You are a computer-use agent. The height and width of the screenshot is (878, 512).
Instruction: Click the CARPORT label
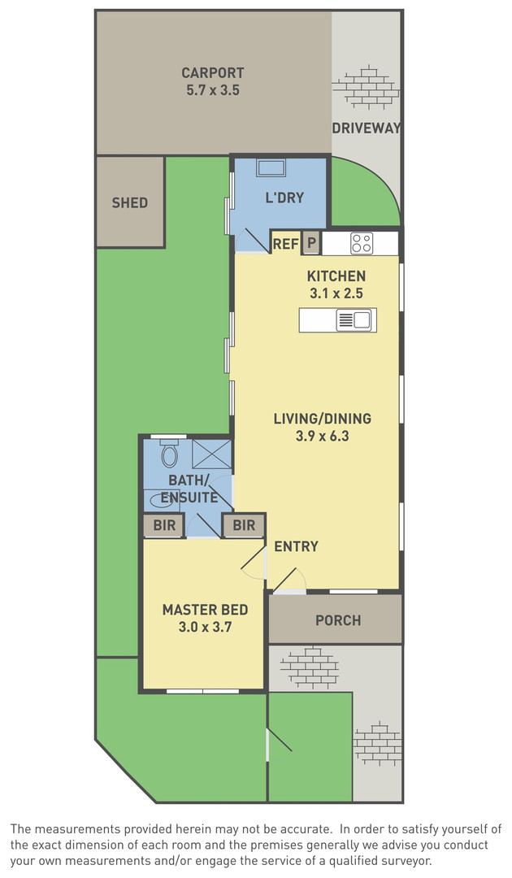[213, 73]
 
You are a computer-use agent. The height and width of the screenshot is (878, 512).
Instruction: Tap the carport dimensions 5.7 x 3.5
[213, 89]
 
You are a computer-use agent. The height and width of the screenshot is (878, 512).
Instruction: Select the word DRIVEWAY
[367, 128]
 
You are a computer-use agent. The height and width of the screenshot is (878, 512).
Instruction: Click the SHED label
[130, 202]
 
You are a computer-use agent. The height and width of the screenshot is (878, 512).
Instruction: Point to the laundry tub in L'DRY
[271, 168]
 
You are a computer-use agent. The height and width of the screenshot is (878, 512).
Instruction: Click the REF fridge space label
[285, 244]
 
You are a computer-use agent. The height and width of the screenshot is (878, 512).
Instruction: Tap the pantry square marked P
[312, 244]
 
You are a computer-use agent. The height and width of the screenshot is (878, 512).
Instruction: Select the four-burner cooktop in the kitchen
[362, 244]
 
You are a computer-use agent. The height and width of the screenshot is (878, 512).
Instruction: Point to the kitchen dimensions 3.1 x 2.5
[336, 293]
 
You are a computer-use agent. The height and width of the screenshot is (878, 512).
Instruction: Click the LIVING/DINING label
[323, 419]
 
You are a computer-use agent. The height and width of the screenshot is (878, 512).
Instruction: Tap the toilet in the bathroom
[169, 454]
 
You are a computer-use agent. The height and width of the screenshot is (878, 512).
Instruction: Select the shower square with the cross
[211, 454]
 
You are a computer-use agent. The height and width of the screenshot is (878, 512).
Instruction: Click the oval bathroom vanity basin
[162, 501]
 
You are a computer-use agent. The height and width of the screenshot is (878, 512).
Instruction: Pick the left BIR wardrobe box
[164, 526]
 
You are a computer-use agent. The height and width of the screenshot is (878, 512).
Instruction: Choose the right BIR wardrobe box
[244, 526]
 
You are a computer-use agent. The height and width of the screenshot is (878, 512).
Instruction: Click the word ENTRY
[296, 546]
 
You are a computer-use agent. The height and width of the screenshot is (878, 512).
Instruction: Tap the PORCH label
[338, 620]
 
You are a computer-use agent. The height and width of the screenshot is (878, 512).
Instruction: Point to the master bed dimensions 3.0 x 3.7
[205, 627]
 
